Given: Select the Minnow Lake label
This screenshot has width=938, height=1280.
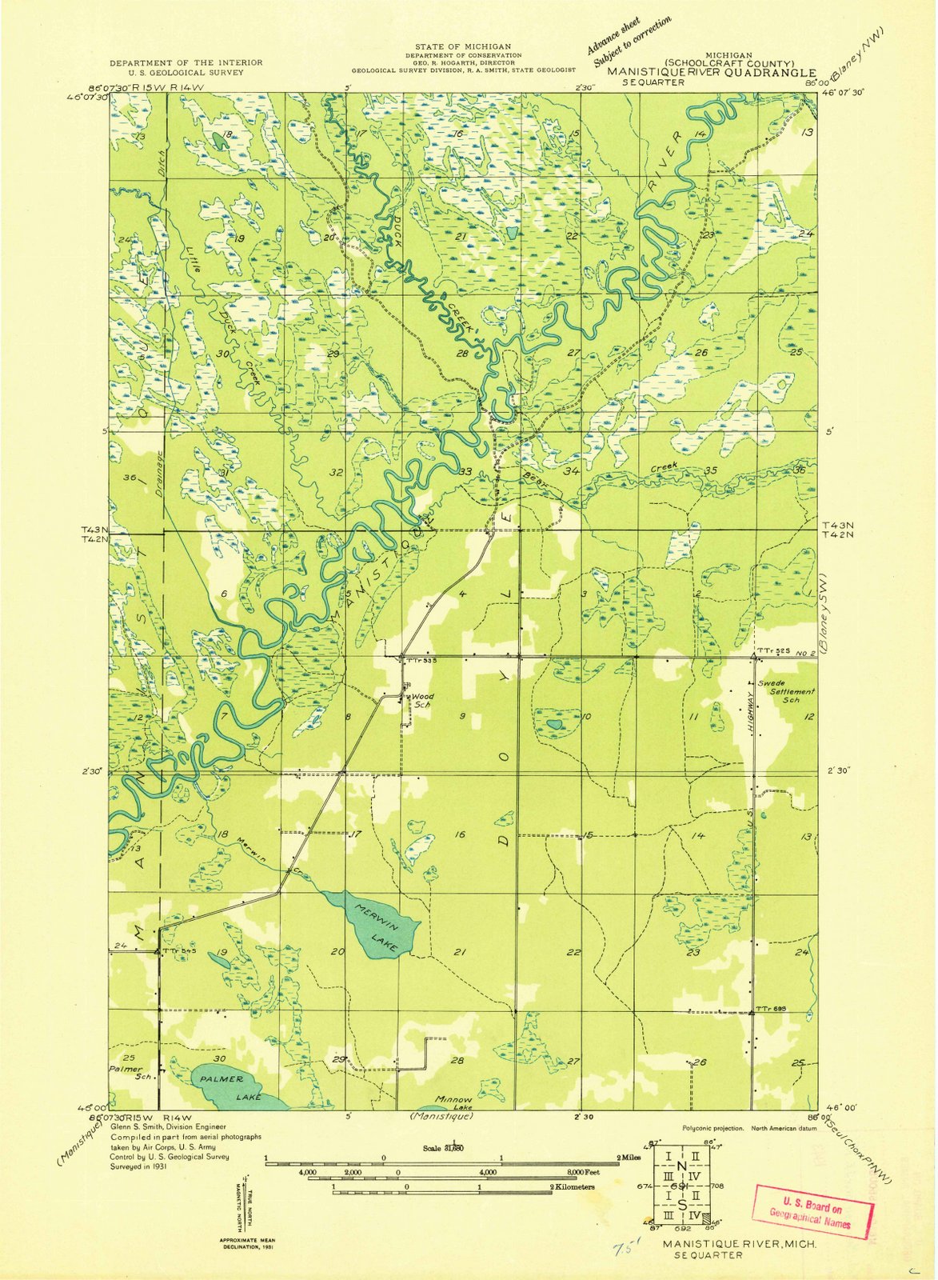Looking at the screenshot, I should point(453,1102).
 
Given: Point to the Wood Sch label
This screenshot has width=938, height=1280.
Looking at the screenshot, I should point(421,701).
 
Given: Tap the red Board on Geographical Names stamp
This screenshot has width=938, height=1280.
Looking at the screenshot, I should point(810,1211).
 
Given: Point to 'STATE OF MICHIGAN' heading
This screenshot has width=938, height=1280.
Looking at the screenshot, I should point(464,48).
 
